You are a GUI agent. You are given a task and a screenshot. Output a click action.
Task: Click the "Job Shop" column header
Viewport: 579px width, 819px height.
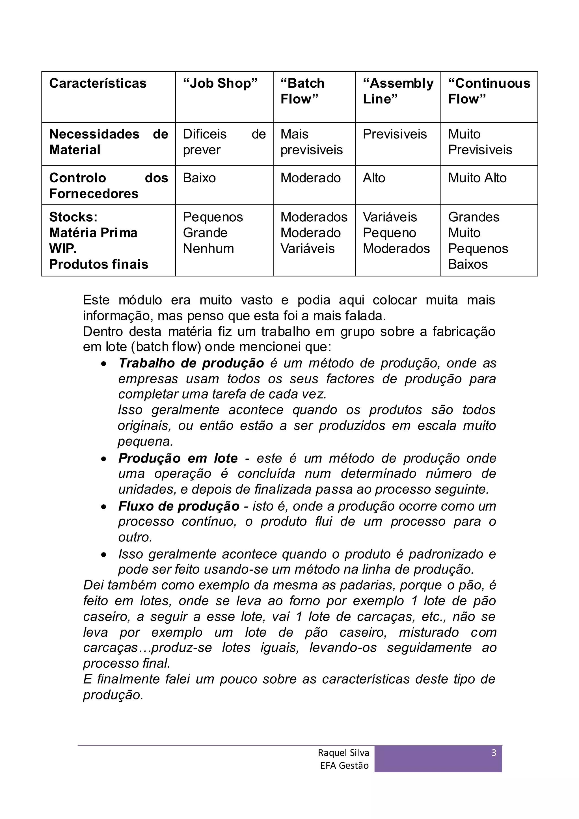220,83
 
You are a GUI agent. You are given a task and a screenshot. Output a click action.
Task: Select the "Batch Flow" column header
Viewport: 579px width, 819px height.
302,91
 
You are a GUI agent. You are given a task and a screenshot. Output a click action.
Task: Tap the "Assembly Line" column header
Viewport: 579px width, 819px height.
398,91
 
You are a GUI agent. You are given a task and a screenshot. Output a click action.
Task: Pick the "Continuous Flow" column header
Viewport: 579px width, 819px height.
489,91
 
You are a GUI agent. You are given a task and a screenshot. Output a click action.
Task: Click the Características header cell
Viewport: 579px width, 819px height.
98,83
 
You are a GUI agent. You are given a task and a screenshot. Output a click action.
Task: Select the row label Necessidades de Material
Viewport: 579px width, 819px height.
109,142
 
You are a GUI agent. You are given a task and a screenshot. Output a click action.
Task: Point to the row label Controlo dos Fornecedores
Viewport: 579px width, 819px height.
109,185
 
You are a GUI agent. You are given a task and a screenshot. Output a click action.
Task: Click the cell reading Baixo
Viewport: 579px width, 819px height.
199,178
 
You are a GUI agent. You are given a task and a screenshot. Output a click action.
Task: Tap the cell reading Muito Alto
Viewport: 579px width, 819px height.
477,178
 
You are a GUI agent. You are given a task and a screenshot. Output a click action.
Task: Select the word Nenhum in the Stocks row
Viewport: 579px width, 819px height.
208,248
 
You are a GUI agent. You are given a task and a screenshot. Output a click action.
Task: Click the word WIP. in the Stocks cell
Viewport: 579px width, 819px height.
63,248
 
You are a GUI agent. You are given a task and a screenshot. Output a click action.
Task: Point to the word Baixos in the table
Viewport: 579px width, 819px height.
468,264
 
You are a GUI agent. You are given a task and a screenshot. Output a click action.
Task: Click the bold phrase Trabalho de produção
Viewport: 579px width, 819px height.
191,363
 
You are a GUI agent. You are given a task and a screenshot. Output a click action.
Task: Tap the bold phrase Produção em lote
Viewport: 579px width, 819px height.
178,458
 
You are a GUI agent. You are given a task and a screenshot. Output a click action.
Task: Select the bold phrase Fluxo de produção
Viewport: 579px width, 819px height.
179,506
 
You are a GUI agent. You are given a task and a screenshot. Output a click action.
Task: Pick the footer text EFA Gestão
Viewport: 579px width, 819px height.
344,766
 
